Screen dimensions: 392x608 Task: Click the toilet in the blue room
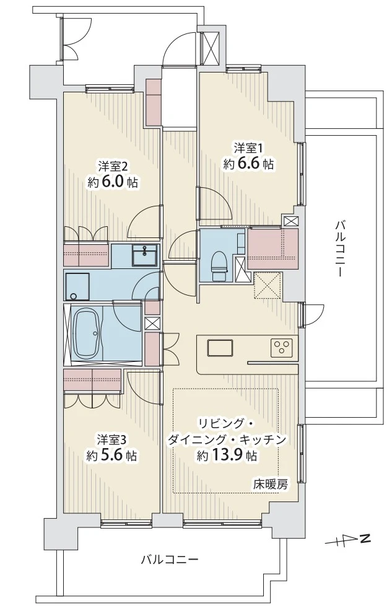(x=219, y=266)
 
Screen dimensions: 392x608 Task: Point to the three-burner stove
(x=282, y=348)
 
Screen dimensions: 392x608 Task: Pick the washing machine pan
(x=77, y=286)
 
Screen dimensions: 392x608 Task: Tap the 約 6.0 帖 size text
(x=113, y=182)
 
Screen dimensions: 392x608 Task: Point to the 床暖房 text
(x=271, y=484)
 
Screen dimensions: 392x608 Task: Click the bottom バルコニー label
(x=170, y=560)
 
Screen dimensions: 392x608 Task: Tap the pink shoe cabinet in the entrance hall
(x=154, y=103)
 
